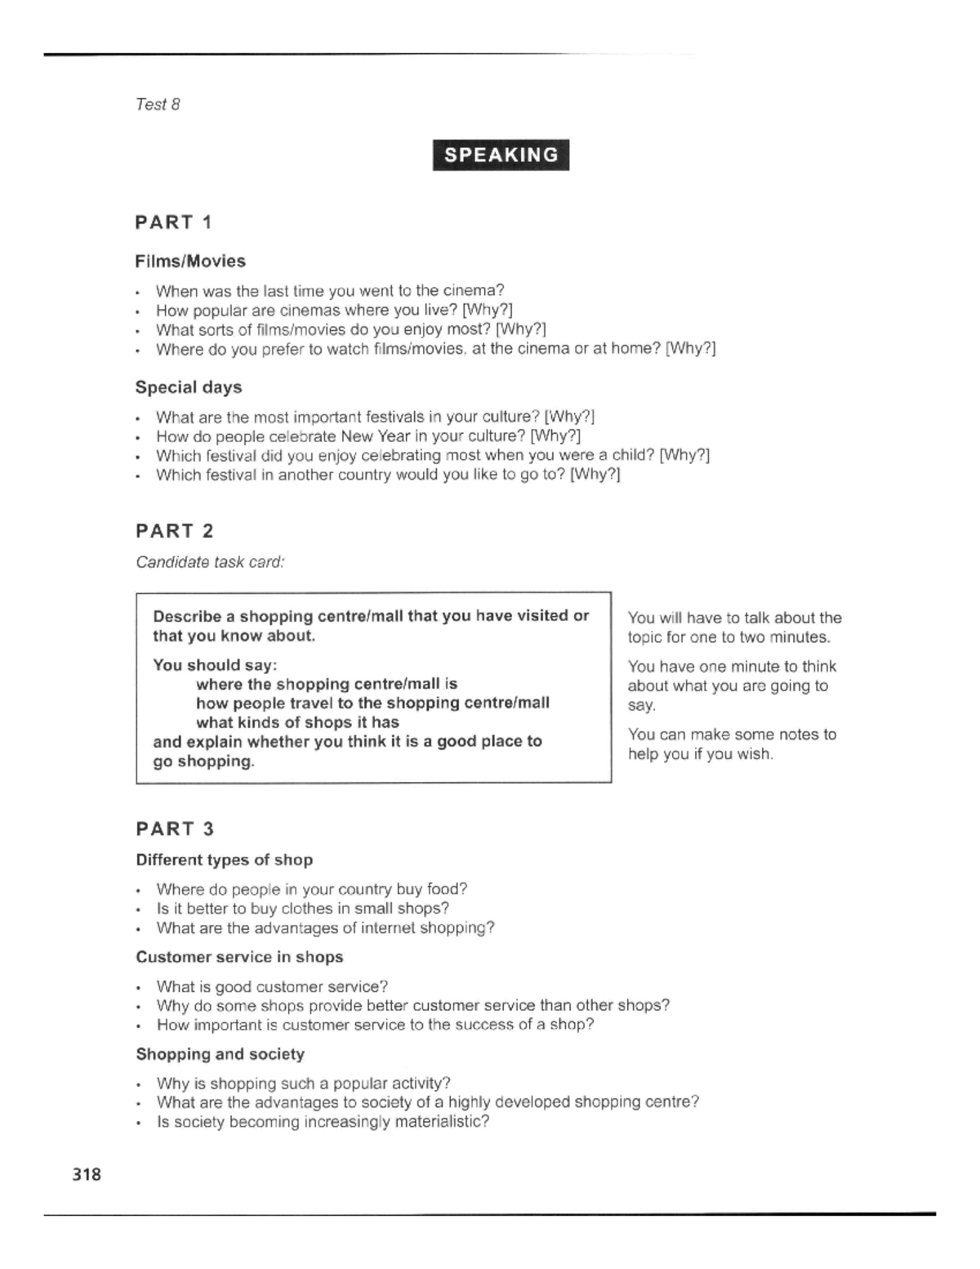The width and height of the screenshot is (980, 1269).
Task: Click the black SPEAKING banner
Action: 501,155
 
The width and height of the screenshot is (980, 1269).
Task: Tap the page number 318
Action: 87,1174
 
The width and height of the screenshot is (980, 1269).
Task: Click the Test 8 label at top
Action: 158,105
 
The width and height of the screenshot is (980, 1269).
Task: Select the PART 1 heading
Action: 174,222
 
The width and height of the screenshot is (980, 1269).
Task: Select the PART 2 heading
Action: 174,531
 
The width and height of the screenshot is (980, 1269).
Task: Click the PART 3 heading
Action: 174,829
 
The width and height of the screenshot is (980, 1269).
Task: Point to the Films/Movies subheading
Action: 190,261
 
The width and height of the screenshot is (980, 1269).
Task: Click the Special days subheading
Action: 189,387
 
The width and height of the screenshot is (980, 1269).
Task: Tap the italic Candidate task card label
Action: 210,562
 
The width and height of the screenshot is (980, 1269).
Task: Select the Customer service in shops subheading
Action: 239,957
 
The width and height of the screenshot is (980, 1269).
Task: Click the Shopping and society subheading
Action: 220,1054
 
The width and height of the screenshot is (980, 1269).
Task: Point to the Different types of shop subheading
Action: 225,860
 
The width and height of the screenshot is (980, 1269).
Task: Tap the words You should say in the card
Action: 215,665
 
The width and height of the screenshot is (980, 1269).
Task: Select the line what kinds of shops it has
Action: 297,722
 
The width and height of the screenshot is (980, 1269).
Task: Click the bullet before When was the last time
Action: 139,292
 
